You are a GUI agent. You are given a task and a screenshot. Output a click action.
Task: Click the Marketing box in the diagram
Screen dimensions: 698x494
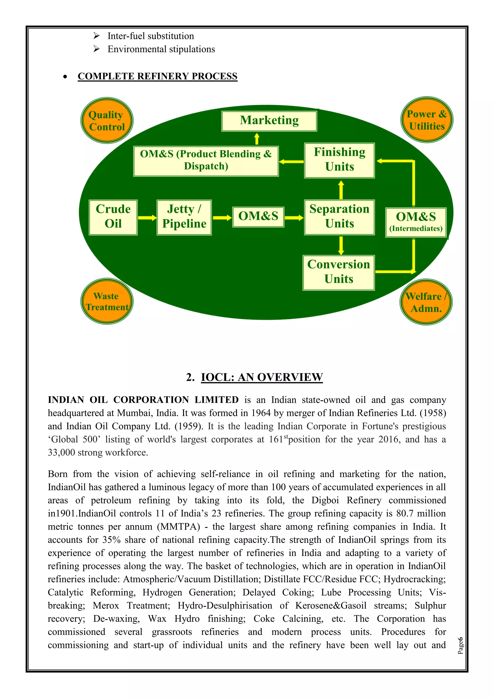(269, 121)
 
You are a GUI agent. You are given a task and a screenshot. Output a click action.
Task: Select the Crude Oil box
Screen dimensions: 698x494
(113, 217)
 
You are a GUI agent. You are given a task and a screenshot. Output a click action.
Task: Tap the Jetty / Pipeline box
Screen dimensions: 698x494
(184, 217)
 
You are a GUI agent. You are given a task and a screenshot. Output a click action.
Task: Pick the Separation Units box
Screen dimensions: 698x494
(339, 217)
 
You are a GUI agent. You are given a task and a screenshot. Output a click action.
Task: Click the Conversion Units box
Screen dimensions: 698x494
(339, 272)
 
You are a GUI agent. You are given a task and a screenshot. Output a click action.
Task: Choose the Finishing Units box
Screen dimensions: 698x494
(339, 160)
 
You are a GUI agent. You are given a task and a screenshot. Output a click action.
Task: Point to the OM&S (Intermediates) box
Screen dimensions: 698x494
(416, 222)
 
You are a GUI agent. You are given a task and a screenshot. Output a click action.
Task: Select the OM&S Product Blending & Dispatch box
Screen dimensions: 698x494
(206, 161)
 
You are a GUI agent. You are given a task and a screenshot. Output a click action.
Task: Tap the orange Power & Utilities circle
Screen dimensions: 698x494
(427, 120)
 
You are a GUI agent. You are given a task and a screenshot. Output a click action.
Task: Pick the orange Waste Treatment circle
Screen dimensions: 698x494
(107, 301)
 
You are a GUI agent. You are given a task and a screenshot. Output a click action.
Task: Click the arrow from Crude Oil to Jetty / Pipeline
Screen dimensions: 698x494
(147, 218)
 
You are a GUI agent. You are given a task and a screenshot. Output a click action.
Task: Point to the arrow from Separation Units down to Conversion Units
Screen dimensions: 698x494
(341, 245)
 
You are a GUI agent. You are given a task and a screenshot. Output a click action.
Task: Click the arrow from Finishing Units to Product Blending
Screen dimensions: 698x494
(291, 161)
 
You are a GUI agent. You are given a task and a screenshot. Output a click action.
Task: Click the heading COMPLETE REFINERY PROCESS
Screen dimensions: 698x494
(157, 76)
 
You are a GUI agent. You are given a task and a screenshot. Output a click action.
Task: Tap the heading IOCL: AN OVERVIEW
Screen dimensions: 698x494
(262, 377)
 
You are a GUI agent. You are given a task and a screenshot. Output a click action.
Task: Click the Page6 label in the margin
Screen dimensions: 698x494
(460, 645)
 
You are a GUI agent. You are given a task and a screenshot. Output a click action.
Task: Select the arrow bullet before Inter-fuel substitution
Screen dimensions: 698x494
(96, 36)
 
